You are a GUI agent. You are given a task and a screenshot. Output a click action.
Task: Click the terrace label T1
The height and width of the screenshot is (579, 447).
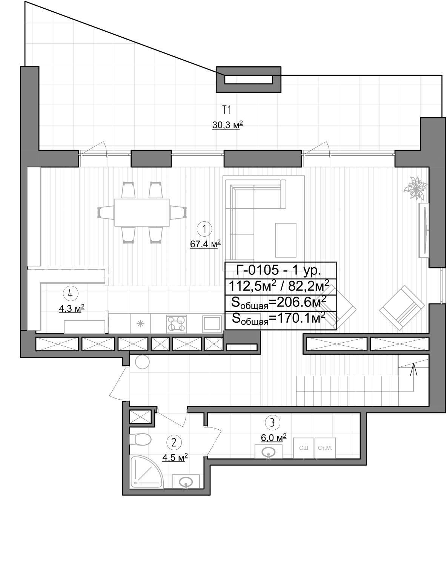point(227,110)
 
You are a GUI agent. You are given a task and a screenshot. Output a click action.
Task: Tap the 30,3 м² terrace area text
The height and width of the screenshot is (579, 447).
point(227,125)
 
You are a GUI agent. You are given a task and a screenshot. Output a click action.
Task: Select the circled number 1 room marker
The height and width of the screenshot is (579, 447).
point(204,229)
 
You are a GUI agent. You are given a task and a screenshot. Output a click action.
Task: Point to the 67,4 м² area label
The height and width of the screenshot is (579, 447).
point(206,244)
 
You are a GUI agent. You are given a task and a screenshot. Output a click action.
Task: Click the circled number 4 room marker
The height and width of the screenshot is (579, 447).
point(71,294)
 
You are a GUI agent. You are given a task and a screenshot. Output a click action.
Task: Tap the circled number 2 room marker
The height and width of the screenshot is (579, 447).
point(174,443)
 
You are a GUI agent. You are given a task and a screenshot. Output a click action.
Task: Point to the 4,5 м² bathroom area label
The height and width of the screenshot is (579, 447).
point(175,458)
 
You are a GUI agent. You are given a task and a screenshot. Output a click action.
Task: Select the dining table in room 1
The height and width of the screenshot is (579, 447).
point(142,212)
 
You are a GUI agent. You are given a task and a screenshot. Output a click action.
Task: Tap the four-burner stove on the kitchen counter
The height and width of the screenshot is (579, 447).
point(176,324)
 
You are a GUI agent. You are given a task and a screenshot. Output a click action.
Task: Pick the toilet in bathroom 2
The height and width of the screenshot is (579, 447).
point(140,440)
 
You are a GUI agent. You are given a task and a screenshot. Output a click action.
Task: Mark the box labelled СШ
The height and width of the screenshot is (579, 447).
point(303,448)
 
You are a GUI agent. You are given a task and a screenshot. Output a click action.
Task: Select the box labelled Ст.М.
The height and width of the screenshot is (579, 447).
point(325,448)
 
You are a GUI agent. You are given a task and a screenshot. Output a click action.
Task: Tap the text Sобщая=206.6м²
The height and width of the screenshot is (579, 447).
point(279,303)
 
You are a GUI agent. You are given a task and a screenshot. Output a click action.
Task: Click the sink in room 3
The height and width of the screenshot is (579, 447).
point(269,452)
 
